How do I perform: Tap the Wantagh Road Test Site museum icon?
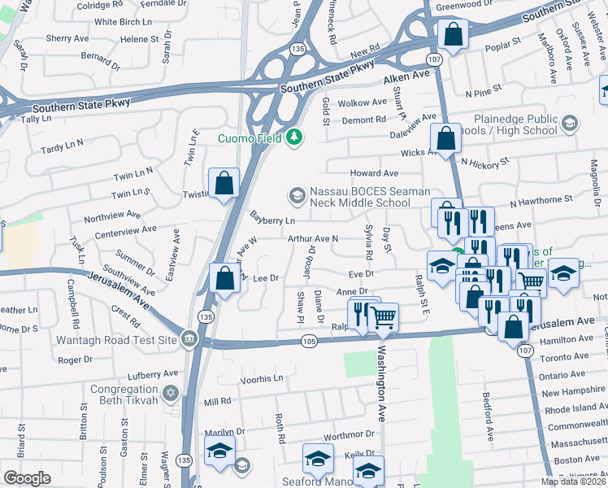[189, 337]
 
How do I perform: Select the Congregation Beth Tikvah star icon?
[170, 394]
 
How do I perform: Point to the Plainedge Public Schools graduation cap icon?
[569, 124]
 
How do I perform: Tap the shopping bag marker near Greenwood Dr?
[453, 35]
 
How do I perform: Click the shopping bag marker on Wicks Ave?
[445, 138]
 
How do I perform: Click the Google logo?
[27, 477]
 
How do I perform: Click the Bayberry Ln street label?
[272, 220]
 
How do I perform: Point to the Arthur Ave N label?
[312, 239]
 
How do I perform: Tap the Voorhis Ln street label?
[262, 379]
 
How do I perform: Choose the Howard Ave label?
[374, 173]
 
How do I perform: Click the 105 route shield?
[308, 342]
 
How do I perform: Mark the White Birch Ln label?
[119, 22]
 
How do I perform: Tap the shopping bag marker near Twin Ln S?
[224, 184]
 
